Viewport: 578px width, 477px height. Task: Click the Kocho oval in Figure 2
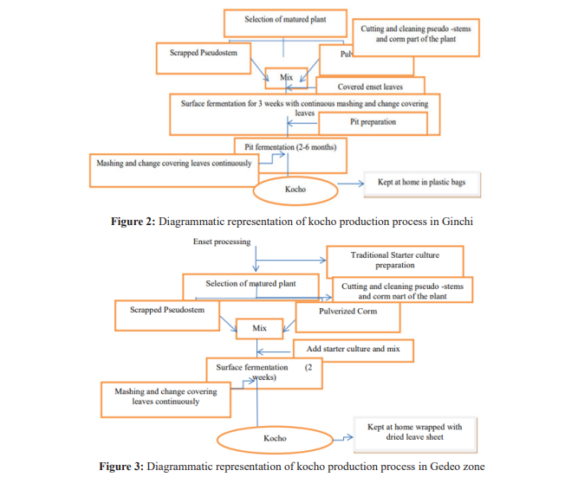[295, 187]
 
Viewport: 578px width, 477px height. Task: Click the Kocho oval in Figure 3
[275, 439]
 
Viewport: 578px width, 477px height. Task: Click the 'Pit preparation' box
[373, 123]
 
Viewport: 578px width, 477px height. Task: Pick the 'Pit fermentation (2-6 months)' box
[290, 146]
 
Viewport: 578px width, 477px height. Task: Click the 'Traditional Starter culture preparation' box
[394, 260]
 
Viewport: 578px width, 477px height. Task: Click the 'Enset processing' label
[222, 242]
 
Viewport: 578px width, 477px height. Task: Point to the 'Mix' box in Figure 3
[260, 329]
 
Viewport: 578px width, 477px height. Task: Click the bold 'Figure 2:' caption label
[133, 222]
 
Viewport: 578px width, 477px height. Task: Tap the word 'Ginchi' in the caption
[456, 222]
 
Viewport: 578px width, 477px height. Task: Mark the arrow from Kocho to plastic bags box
[348, 184]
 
